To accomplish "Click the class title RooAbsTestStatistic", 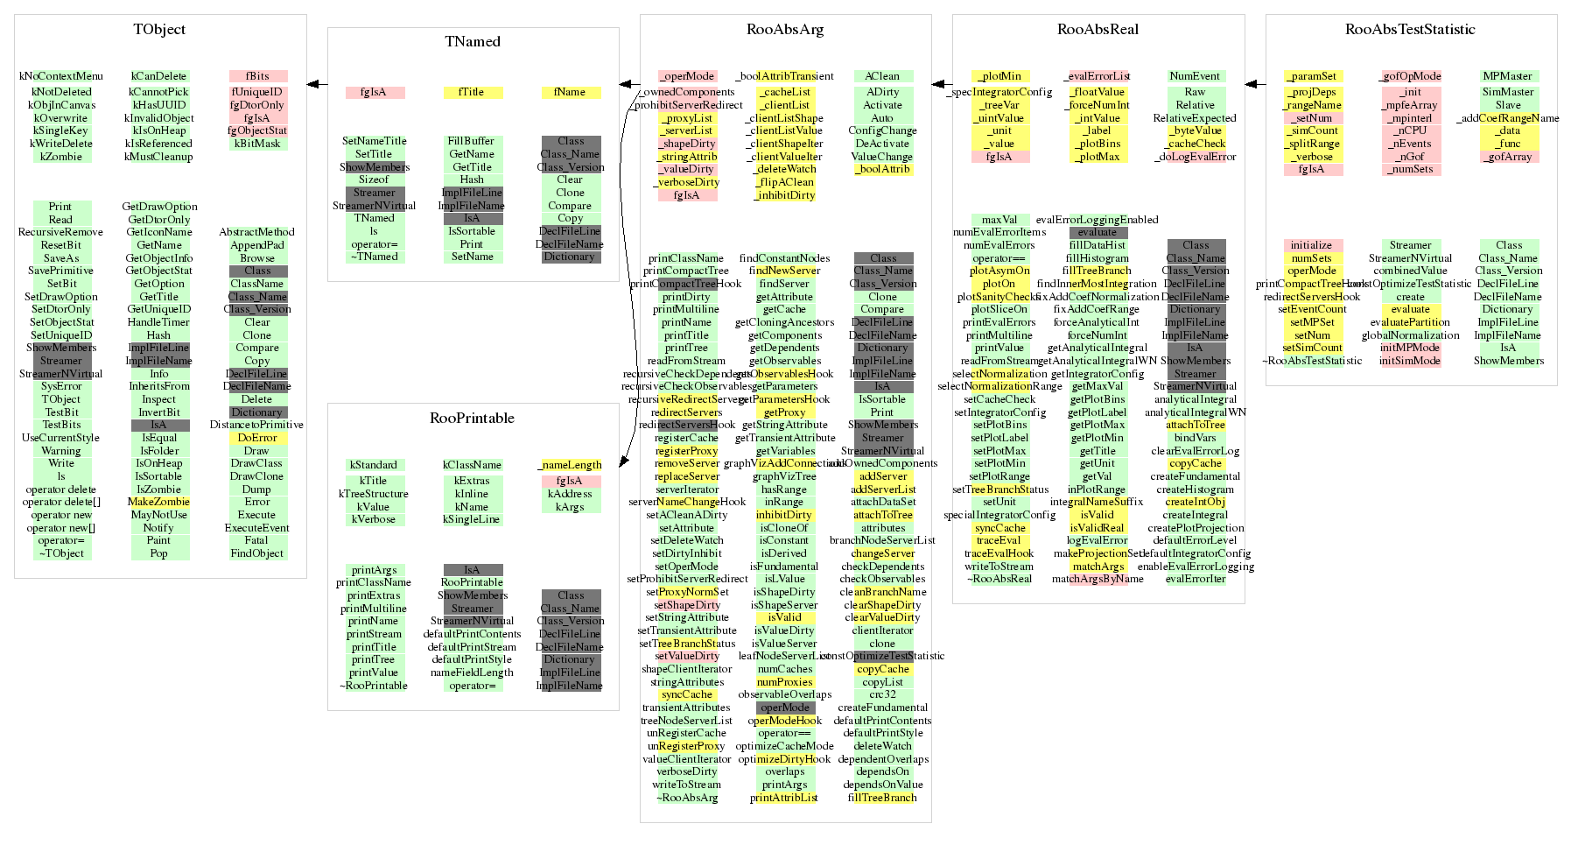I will pyautogui.click(x=1410, y=30).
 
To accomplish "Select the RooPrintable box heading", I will pyautogui.click(x=472, y=419).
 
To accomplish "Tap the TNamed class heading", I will pyautogui.click(x=473, y=42).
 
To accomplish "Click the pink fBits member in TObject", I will pyautogui.click(x=257, y=76).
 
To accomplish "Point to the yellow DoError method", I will pyautogui.click(x=257, y=438).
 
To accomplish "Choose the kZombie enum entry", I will pyautogui.click(x=61, y=157).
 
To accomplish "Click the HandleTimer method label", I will pyautogui.click(x=158, y=322).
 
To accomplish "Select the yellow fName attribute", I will pyautogui.click(x=570, y=92).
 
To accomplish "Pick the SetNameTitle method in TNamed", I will pyautogui.click(x=374, y=141).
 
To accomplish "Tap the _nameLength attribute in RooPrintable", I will pyautogui.click(x=570, y=465).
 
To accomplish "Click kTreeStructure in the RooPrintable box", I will pyautogui.click(x=374, y=494).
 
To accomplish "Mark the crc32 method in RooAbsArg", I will pyautogui.click(x=882, y=694).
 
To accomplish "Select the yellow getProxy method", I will pyautogui.click(x=784, y=412).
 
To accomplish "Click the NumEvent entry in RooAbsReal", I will pyautogui.click(x=1195, y=76).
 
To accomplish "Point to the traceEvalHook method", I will pyautogui.click(x=999, y=553).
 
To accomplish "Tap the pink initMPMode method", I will pyautogui.click(x=1410, y=348).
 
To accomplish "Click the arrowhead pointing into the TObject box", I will pyautogui.click(x=312, y=85).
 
